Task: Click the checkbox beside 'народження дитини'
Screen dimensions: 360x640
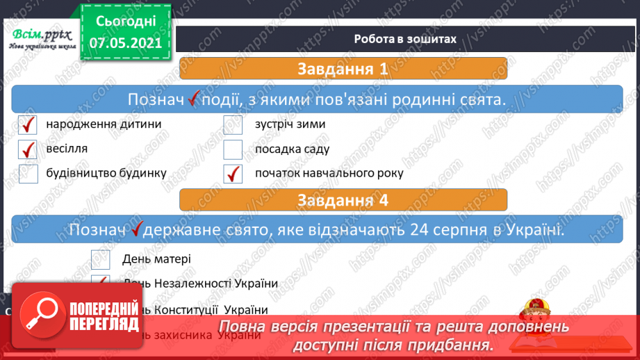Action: (28, 126)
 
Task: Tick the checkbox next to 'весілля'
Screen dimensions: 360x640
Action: (28, 150)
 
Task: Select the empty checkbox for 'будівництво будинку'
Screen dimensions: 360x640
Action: (28, 174)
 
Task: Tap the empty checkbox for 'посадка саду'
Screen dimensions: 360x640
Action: (233, 150)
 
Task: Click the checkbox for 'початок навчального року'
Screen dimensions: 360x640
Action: (233, 174)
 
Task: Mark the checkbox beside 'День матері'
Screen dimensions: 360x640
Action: (101, 259)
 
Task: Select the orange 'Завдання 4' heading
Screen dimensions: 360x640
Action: (343, 200)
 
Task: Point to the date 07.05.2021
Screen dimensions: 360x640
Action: (125, 42)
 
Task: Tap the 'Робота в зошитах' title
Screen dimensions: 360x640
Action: (404, 40)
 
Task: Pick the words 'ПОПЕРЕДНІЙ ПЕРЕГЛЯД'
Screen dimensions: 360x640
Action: (105, 316)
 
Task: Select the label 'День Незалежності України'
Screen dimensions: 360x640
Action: (200, 284)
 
